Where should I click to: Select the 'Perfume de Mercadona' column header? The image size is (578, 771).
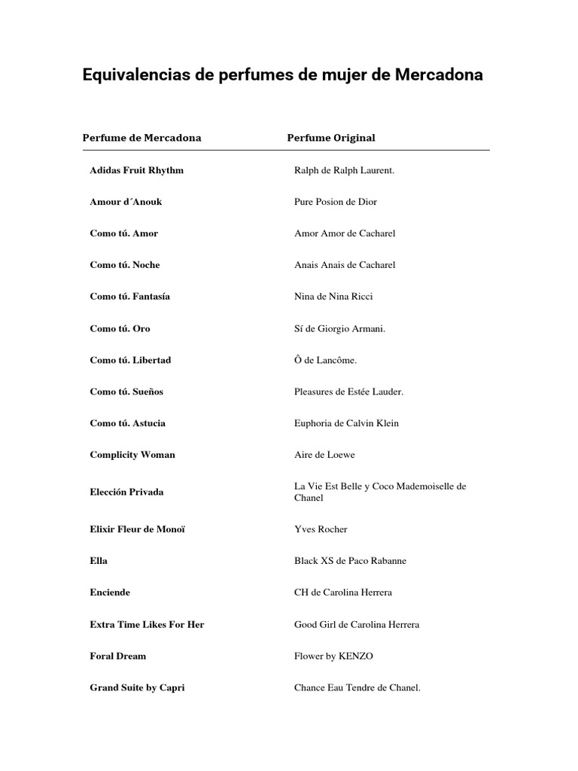(x=141, y=138)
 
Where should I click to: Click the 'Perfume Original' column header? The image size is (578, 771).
(x=331, y=138)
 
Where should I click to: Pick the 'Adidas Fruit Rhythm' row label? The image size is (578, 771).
(x=136, y=170)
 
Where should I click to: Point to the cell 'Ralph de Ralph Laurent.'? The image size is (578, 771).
(x=344, y=170)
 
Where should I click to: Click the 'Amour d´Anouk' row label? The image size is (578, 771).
(x=126, y=202)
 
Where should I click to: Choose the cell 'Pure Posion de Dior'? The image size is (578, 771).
(x=336, y=202)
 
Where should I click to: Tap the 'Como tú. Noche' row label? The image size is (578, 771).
(x=125, y=265)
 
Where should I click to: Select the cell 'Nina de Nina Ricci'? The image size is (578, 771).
(x=333, y=297)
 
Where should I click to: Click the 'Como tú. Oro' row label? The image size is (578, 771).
(x=120, y=328)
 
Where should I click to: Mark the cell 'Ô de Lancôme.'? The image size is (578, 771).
(x=325, y=360)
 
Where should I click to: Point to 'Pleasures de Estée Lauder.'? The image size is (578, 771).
(x=349, y=392)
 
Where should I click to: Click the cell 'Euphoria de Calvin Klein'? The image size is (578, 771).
(x=346, y=423)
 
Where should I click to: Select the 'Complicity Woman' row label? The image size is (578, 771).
(x=132, y=455)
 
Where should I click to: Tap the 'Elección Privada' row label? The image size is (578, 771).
(x=126, y=492)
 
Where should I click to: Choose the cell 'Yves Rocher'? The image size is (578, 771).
(x=321, y=529)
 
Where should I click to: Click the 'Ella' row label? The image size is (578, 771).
(x=99, y=561)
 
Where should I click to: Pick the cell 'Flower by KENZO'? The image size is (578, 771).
(x=333, y=656)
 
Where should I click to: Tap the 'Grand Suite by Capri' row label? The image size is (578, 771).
(x=137, y=687)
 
